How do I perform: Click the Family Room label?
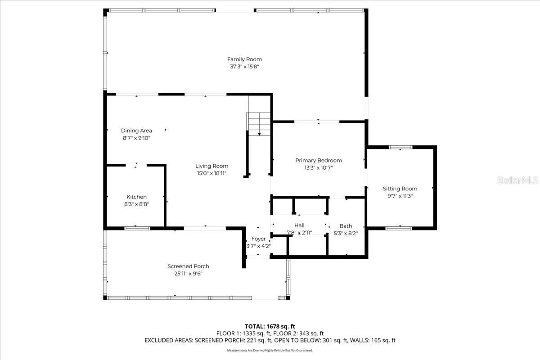coord(244,59)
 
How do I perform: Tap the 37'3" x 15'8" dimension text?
coord(244,67)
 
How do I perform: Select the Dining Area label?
coord(136,130)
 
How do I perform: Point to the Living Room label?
coord(211,166)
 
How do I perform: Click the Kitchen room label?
coord(136,197)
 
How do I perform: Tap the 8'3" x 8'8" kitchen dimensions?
coord(136,204)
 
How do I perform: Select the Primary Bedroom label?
coord(319,160)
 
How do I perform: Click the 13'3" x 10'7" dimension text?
coord(319,167)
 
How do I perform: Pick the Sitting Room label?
coord(400,189)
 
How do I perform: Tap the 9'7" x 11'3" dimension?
coord(400,196)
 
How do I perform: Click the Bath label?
coord(346,226)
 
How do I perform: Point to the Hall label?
coord(299,225)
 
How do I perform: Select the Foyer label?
coord(258,238)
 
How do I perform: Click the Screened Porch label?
coord(188,266)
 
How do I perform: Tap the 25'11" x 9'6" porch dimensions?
coord(188,274)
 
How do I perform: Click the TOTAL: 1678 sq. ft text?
coord(270,326)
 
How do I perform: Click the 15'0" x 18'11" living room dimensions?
coord(211,173)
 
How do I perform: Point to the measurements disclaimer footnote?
coord(270,350)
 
